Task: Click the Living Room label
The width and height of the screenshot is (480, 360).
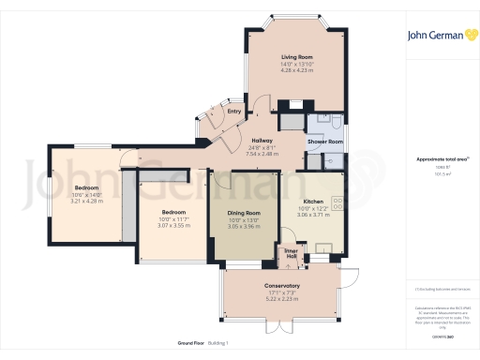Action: pos(296,56)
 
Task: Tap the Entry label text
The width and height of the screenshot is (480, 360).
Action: pos(234,112)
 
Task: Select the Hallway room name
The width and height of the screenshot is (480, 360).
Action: pos(262,141)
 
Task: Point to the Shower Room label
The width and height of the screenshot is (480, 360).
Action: pos(325,142)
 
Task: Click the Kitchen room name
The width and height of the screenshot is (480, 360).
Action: pos(313,202)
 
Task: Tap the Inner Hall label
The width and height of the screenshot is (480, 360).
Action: pos(291,251)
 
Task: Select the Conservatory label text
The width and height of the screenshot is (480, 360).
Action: pos(281,285)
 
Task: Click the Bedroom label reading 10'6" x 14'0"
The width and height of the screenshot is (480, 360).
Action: pos(86,187)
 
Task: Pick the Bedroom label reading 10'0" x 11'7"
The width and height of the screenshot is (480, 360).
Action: pos(173,212)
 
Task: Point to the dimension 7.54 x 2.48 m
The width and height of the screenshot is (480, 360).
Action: pos(262,154)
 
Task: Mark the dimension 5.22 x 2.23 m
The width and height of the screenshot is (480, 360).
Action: pos(281,298)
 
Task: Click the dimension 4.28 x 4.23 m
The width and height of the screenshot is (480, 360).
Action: pos(296,70)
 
